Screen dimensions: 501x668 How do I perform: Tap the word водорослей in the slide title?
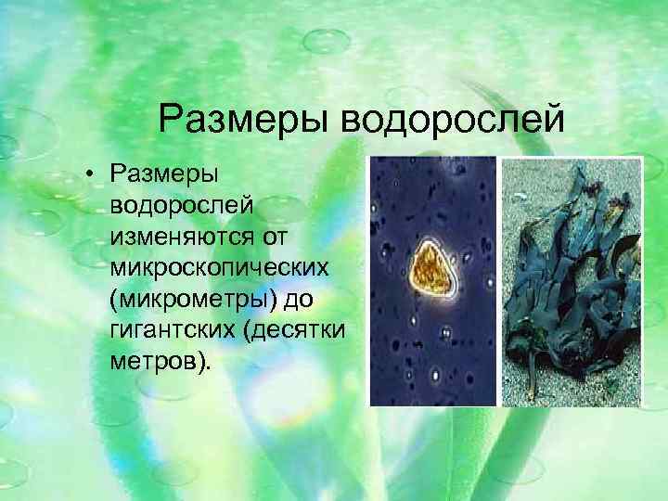[448, 119]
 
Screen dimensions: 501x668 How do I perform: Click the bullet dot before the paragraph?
[94, 173]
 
